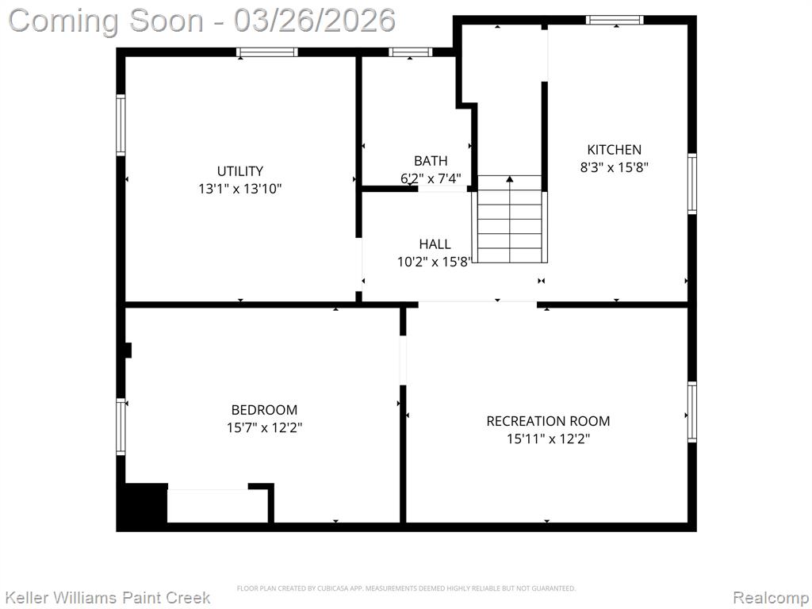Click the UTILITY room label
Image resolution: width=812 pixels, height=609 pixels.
239,171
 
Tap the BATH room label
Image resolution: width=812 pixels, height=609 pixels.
431,160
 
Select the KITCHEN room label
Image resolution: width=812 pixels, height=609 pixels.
615,150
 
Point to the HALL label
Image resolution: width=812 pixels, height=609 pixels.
435,244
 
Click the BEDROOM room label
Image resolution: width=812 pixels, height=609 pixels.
264,410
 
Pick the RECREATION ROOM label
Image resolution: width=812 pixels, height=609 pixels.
548,421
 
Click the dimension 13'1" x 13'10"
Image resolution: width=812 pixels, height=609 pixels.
239,189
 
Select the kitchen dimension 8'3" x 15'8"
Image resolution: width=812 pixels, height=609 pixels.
615,167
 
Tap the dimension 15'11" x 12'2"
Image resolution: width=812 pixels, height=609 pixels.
548,439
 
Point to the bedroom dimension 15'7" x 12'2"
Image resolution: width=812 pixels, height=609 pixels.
264,427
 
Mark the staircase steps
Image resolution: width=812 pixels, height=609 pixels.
510,220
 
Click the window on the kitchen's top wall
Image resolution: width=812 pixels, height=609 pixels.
615,20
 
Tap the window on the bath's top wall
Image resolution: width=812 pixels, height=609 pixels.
410,52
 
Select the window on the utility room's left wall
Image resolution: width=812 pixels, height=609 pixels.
121,124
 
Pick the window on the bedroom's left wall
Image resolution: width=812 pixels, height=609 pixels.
121,427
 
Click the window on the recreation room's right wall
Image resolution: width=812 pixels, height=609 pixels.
691,412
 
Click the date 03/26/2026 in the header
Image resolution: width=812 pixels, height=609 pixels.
314,21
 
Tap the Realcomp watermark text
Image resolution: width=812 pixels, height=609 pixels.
770,598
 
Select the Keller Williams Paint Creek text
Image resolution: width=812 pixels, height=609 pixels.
107,598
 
